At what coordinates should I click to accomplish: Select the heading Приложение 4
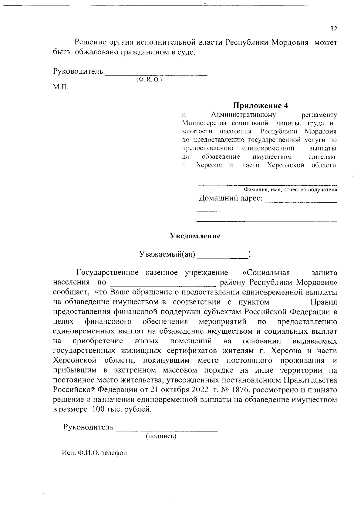click(260, 106)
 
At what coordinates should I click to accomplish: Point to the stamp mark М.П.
click(61, 87)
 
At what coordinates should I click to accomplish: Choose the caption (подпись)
click(161, 436)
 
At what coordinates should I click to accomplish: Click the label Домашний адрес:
click(231, 199)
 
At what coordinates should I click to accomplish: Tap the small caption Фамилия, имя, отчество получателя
click(290, 190)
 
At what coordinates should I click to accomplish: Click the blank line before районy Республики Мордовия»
click(163, 283)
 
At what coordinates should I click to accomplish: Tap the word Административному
click(243, 115)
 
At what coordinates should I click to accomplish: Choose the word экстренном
click(135, 370)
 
